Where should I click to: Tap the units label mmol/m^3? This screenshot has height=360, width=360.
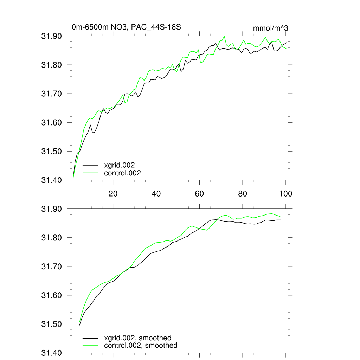(270, 27)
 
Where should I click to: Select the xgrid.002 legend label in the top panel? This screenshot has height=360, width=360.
(119, 165)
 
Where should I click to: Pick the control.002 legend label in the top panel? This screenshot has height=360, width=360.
(122, 173)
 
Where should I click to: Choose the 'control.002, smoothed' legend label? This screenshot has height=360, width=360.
(141, 346)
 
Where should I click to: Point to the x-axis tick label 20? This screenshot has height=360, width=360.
(113, 193)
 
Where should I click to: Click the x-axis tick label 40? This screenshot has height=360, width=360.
(156, 193)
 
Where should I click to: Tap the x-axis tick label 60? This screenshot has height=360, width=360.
(199, 193)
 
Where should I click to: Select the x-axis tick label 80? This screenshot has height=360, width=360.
(243, 193)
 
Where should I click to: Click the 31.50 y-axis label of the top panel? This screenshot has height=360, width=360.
(52, 152)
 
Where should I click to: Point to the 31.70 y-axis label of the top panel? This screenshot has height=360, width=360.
(52, 94)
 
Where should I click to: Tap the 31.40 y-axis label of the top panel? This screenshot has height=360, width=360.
(52, 180)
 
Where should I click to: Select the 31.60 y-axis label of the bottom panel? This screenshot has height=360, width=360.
(52, 295)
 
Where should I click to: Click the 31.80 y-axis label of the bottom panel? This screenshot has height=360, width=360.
(52, 238)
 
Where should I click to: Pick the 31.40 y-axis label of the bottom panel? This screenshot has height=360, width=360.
(52, 353)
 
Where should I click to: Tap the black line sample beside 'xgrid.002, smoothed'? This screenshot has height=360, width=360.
(90, 338)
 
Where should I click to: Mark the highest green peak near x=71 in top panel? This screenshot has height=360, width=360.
(224, 36)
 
